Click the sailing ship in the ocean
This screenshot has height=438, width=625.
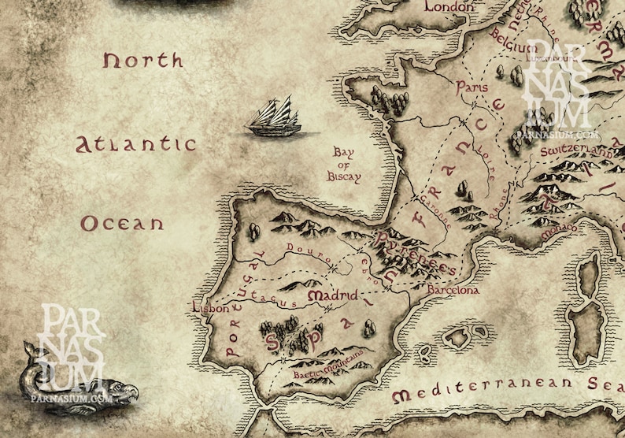click(275, 117)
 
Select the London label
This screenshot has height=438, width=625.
click(449, 7)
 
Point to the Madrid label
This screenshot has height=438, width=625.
click(332, 295)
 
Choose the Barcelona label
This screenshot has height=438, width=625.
click(453, 290)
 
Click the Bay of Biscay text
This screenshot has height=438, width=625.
click(344, 165)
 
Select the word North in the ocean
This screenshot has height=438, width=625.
click(142, 61)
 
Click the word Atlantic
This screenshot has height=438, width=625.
click(135, 144)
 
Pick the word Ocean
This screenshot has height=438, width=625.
click(122, 224)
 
